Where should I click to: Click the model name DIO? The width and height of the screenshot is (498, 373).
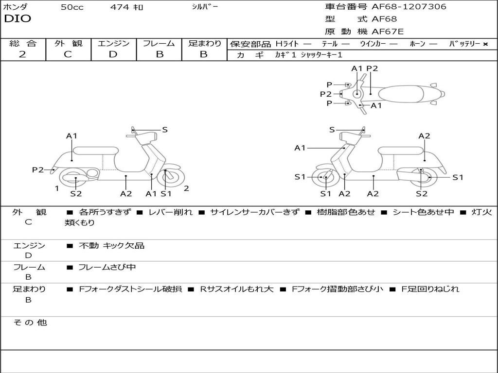[x=18, y=19]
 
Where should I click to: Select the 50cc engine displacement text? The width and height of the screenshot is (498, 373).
[x=72, y=7]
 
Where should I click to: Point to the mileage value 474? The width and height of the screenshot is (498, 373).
[x=119, y=7]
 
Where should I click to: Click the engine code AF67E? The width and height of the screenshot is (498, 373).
[x=388, y=32]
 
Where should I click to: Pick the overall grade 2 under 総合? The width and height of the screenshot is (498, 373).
[x=22, y=54]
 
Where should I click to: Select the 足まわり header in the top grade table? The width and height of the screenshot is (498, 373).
[x=204, y=44]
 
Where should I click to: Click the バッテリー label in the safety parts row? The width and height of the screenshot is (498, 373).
[x=464, y=44]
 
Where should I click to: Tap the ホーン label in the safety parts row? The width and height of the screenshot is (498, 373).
[x=417, y=44]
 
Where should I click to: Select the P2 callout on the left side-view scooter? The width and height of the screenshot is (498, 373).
[x=38, y=170]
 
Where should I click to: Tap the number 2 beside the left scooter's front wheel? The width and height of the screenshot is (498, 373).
[x=186, y=188]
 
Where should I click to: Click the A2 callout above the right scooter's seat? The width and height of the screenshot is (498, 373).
[x=424, y=136]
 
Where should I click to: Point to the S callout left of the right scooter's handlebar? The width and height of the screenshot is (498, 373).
[x=332, y=130]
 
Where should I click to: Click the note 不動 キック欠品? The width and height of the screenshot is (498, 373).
[x=111, y=246]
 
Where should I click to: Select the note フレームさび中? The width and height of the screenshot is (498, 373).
[x=107, y=267]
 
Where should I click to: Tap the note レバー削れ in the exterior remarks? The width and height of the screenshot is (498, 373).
[x=170, y=212]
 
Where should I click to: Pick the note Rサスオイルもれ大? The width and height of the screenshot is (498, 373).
[x=237, y=289]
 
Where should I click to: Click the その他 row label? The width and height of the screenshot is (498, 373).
[x=30, y=322]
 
